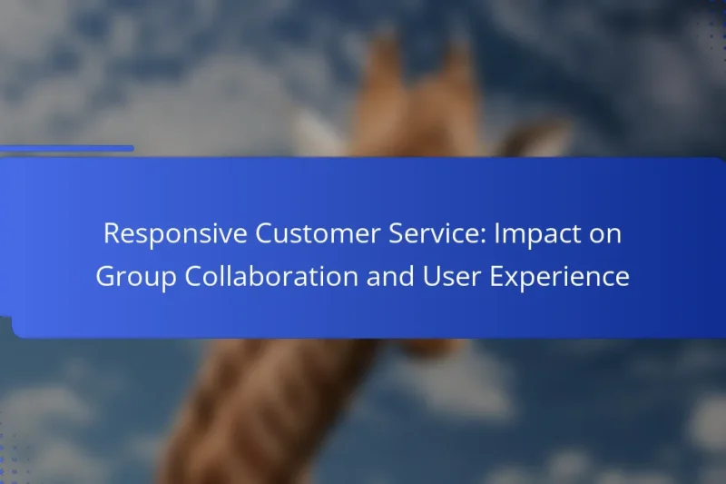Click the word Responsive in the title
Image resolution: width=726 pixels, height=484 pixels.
[x=175, y=234]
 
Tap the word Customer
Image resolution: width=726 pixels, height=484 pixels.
[x=318, y=233]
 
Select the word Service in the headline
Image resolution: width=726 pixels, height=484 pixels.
[x=437, y=233]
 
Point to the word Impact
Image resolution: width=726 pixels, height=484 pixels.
[x=532, y=234]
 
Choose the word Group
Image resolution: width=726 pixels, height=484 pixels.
[x=137, y=277]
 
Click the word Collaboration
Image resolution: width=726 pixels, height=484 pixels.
[x=271, y=276]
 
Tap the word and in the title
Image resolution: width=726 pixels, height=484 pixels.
[x=390, y=276]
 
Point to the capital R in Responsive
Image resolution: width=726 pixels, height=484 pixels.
[x=112, y=233]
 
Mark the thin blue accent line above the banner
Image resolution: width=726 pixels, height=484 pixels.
[x=66, y=148]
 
